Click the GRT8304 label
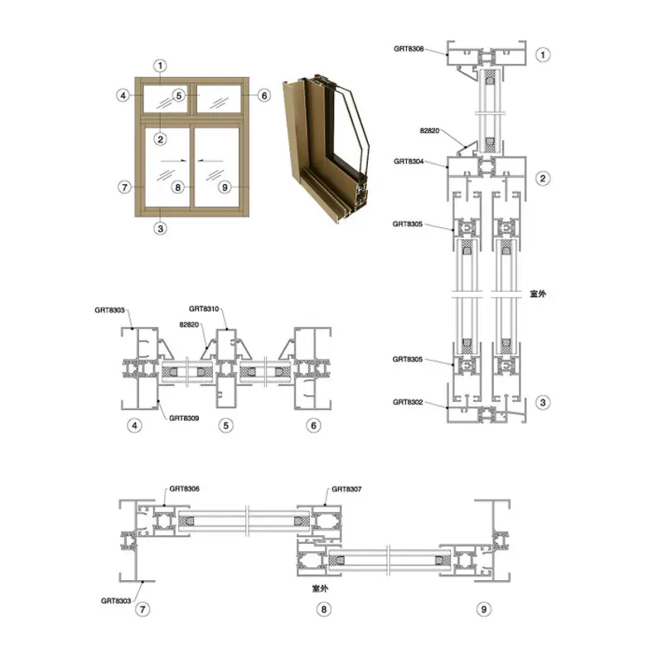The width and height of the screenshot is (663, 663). pos(409,161)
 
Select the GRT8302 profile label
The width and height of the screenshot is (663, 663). pos(408,402)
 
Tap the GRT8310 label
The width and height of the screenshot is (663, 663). pos(204,308)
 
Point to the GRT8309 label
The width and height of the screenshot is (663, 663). pos(184,419)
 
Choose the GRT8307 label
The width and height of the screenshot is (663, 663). pos(346,489)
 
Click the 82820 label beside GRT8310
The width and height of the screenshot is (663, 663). pos(189,325)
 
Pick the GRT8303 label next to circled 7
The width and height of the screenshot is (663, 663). pos(116,601)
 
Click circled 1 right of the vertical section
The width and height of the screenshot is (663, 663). pos(543,55)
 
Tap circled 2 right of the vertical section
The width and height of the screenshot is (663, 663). pos(543,178)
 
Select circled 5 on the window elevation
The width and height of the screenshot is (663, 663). pos(179,96)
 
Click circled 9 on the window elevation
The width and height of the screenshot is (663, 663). pos(225,187)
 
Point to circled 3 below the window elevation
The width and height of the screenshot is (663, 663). pos(160,229)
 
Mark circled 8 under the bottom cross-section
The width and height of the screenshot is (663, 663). pos(324,609)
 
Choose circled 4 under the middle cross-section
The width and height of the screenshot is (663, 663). pos(134,425)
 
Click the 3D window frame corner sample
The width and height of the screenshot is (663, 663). pos(326,148)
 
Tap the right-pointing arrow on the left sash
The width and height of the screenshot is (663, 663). pos(174,161)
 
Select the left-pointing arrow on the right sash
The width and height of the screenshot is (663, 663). pos(211,161)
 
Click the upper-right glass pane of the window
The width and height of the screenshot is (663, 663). pos(219,99)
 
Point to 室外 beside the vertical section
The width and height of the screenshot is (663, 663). pos(538,294)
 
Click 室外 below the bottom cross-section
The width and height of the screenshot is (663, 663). pos(320,588)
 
